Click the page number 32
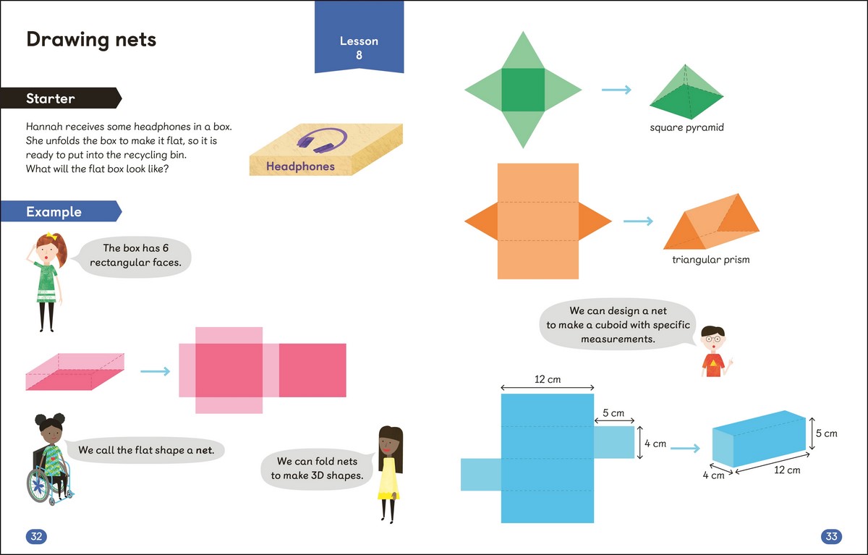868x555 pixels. pos(36,536)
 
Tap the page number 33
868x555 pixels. pos(831,536)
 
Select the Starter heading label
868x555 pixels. pos(51,98)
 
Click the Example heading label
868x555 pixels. pos(54,212)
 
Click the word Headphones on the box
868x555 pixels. pos(300,166)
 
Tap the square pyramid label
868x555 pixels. pos(686,128)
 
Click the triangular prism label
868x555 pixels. pos(711,259)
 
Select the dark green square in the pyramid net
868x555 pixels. pos(523,90)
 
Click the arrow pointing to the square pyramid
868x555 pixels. pos(616,90)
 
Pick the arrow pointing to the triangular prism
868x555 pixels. pos(638,221)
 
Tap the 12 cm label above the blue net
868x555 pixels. pos(548,379)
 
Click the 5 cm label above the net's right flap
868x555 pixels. pos(613,413)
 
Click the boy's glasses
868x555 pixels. pos(713,336)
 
